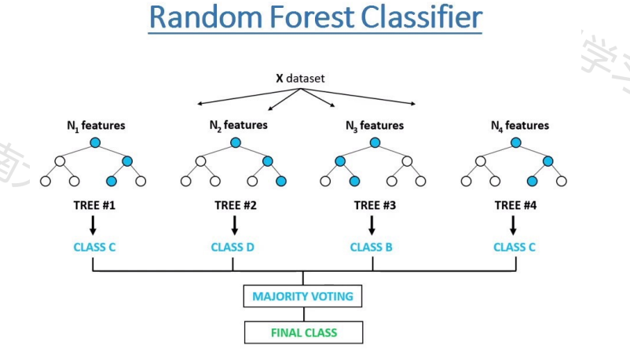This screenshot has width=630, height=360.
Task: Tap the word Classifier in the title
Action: (418, 18)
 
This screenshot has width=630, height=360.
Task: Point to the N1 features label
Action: (95, 125)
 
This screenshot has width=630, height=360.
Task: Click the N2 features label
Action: (237, 125)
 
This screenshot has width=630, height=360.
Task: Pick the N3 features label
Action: (375, 125)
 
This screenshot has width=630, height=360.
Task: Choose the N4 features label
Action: (519, 125)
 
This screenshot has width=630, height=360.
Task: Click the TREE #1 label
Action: (93, 206)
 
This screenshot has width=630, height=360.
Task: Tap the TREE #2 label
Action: (234, 206)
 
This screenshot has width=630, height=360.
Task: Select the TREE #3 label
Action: (372, 206)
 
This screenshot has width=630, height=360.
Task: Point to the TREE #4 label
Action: (514, 206)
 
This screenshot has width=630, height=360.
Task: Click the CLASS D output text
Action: (233, 247)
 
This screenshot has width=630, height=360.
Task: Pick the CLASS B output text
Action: (371, 247)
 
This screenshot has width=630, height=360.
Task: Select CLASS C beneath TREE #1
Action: (94, 247)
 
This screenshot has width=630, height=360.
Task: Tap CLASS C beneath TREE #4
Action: (515, 247)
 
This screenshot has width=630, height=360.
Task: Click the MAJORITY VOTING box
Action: (303, 297)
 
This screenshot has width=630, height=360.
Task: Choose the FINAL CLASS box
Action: (303, 332)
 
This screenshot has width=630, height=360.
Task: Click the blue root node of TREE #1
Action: (95, 142)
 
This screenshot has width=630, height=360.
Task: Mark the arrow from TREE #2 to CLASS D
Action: (234, 225)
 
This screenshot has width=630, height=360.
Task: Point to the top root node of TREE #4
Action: (515, 142)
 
